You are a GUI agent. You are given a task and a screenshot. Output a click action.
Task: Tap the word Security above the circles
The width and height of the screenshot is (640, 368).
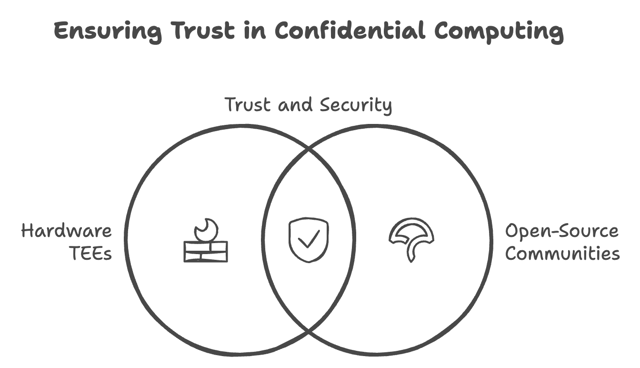click(x=356, y=105)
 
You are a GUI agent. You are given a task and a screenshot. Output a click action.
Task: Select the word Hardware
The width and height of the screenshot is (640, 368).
click(x=67, y=231)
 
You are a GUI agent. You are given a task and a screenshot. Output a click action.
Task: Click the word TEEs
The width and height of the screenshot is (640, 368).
click(x=91, y=253)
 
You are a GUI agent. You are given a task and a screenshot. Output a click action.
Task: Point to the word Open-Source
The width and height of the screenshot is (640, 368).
click(x=562, y=231)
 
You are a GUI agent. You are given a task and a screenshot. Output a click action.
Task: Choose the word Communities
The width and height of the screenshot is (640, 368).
click(x=562, y=253)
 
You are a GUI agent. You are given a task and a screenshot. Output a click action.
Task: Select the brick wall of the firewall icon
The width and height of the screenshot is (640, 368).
click(x=206, y=252)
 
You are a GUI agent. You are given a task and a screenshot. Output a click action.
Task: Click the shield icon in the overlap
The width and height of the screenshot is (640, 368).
click(x=309, y=240)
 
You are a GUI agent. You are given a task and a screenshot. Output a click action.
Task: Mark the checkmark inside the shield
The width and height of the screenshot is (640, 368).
click(x=309, y=239)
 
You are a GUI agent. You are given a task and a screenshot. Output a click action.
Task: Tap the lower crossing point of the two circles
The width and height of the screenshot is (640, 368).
click(x=309, y=331)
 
